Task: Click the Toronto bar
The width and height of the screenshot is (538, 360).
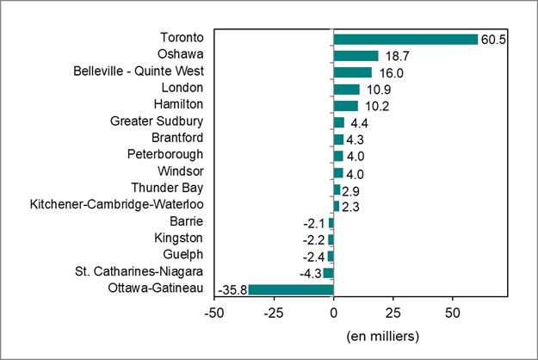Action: [x=405, y=39]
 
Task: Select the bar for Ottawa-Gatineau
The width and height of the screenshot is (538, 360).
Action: [x=290, y=289]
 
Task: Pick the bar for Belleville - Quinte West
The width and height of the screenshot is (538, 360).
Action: [x=352, y=72]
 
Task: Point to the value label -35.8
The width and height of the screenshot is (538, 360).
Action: [x=232, y=289]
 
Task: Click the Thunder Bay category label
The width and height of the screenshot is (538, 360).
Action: [x=167, y=189]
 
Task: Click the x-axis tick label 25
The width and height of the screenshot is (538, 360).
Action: [x=393, y=311]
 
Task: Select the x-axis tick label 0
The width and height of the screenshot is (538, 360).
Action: [x=333, y=311]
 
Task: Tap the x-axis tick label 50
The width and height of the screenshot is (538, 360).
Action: [x=452, y=311]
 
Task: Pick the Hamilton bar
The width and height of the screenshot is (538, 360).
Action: [x=345, y=105]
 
